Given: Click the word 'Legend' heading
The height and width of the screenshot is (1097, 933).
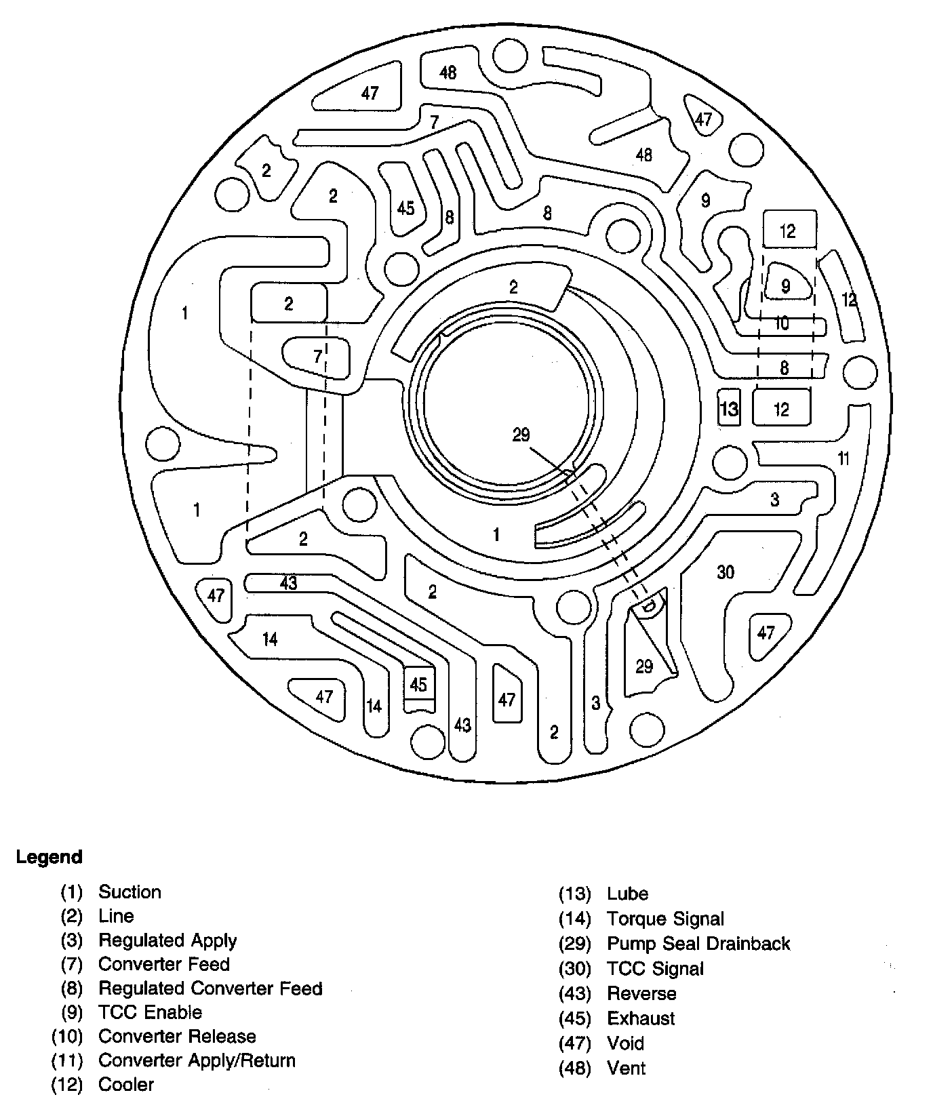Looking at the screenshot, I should [x=49, y=857].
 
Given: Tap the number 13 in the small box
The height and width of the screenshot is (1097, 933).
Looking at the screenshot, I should [x=729, y=409].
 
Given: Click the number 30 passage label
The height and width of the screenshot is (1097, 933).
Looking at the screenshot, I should [x=726, y=573].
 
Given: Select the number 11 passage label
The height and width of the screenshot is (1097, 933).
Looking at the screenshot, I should [x=843, y=459].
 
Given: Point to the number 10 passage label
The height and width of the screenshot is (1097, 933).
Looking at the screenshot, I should [x=781, y=323].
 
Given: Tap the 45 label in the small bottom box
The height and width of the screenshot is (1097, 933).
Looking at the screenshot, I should [x=418, y=684].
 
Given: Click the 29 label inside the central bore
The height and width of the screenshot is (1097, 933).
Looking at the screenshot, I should [x=521, y=435].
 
